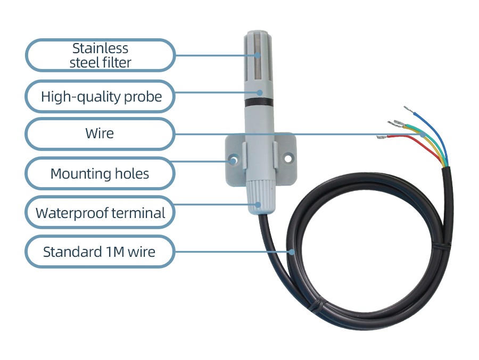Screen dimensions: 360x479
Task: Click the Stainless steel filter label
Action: pos(100,55)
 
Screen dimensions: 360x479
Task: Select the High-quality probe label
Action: pos(100,97)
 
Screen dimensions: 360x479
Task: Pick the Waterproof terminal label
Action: pos(100,213)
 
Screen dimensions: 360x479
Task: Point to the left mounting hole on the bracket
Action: pos(232,159)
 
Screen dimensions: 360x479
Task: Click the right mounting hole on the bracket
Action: pos(288,158)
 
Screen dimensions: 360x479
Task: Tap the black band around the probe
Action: pos(259,100)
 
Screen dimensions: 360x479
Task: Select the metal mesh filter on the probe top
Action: pos(259,58)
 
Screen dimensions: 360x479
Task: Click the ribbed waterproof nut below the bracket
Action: pos(259,196)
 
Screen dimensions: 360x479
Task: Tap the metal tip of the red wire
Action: pos(382,138)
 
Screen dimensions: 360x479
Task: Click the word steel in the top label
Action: pos(86,62)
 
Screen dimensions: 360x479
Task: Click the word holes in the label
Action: pos(132,173)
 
